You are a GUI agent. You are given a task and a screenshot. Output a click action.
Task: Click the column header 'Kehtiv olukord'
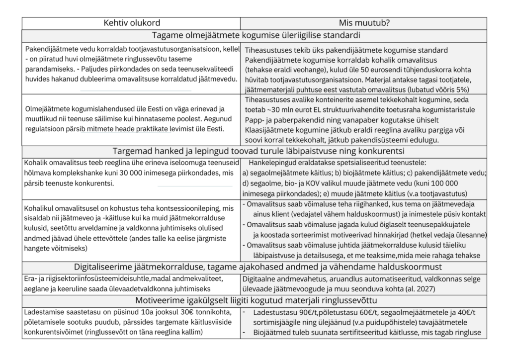(132, 22)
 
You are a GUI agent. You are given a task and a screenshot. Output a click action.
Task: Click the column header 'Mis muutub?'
(364, 22)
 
